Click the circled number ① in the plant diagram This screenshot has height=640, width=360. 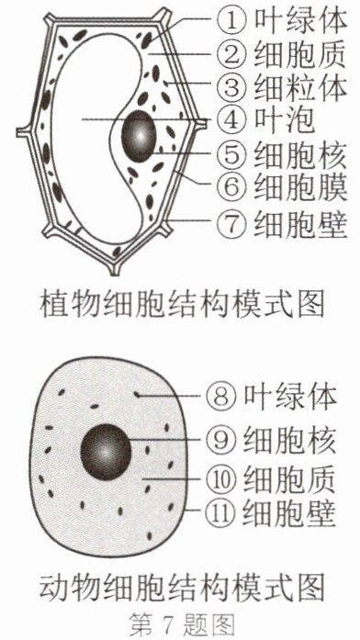[231, 21]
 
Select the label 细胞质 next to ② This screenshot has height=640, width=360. [300, 54]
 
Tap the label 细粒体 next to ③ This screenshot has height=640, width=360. [300, 87]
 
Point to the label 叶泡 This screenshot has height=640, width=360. [285, 120]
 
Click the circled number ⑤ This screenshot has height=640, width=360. [231, 154]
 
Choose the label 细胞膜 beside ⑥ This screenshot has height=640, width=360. [300, 187]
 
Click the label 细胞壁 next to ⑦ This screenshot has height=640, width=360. [300, 223]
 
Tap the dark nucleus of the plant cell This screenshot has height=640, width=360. [139, 136]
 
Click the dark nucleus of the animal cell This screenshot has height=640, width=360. [106, 452]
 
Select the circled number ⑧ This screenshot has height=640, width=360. [221, 397]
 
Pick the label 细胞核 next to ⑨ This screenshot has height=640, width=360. [290, 441]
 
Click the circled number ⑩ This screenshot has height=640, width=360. [221, 478]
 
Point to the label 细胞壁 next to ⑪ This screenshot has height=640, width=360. [290, 511]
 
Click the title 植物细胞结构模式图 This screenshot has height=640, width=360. [182, 304]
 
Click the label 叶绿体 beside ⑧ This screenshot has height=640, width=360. [290, 397]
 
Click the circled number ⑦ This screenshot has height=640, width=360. [231, 223]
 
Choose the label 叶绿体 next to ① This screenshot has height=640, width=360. [300, 20]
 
